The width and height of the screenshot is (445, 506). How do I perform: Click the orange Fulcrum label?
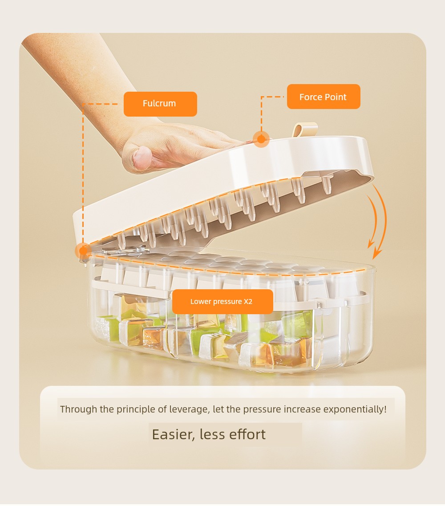(x=160, y=104)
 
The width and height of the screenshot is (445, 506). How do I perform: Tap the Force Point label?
(x=324, y=97)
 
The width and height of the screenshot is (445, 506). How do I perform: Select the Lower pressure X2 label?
(x=222, y=301)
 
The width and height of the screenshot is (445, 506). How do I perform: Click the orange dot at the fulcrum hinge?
(x=83, y=251)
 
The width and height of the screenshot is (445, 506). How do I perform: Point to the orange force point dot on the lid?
(x=261, y=139)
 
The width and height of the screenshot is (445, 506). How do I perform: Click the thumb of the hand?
(x=142, y=158)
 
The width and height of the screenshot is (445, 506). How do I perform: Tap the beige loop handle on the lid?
(x=305, y=130)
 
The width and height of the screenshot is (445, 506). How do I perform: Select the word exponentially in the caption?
(x=355, y=409)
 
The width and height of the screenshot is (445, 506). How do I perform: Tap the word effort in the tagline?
(x=247, y=434)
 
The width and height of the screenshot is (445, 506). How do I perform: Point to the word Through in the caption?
(x=78, y=409)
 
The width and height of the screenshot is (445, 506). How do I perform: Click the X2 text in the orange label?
(x=248, y=301)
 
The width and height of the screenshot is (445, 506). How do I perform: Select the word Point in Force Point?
(x=336, y=97)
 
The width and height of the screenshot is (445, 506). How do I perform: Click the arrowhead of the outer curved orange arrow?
(x=376, y=254)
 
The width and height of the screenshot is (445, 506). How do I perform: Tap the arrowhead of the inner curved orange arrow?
(x=371, y=244)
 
